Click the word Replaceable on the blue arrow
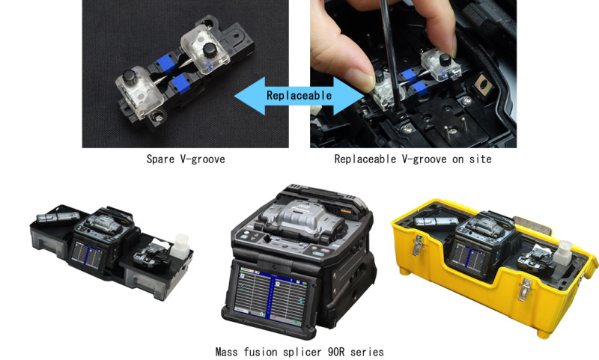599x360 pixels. (299, 95)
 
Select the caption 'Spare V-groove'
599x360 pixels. (185, 159)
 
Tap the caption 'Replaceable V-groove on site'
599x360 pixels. (413, 159)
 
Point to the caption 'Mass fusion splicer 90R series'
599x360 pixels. (299, 351)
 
